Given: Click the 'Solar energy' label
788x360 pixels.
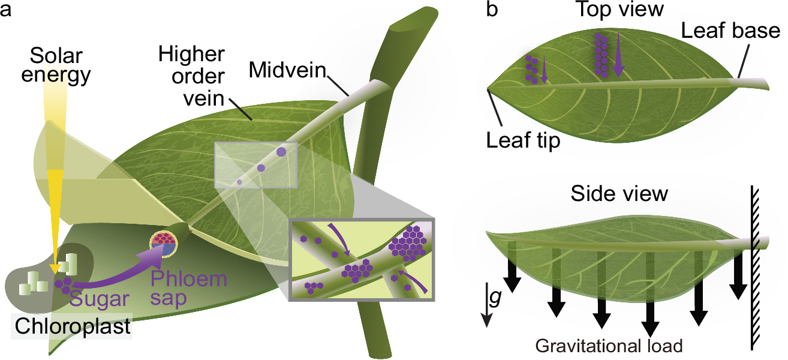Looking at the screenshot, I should (60, 67).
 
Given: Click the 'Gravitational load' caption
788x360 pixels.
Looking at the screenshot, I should (609, 346).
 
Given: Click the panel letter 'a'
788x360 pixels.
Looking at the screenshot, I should (7, 10).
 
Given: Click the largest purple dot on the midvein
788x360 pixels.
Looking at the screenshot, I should (281, 152).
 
